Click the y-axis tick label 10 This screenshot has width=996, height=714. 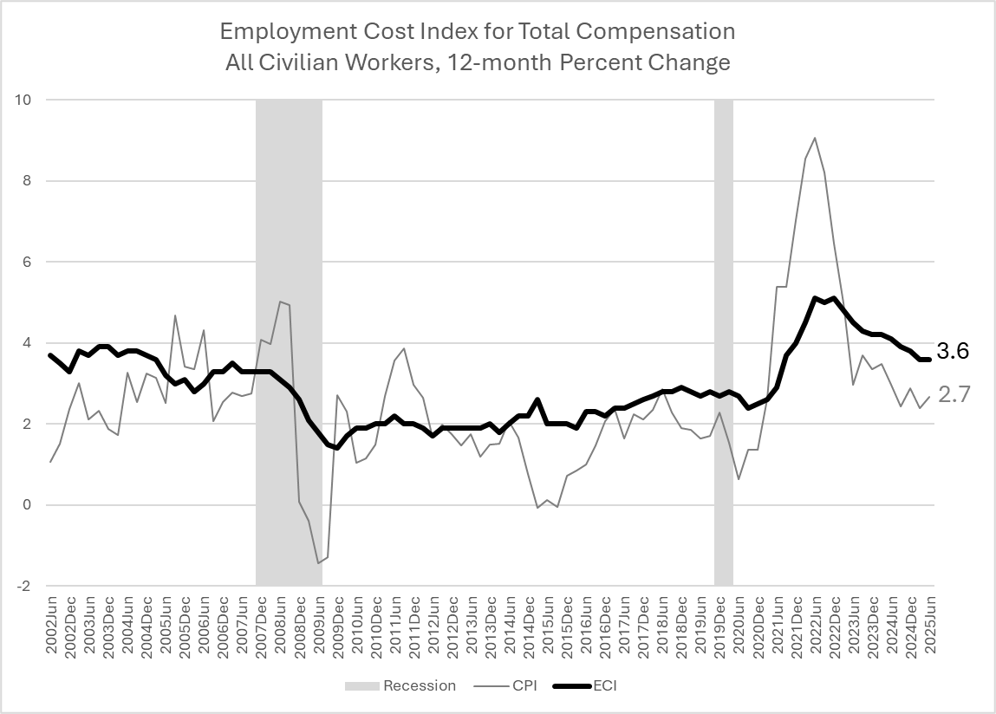point(23,100)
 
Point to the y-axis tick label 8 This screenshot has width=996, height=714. point(28,181)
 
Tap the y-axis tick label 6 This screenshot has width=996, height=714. point(28,262)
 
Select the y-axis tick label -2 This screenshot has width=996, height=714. point(25,587)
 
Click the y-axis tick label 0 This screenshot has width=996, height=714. point(28,505)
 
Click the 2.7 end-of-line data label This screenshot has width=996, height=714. point(954,395)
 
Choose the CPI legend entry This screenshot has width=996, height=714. point(524,685)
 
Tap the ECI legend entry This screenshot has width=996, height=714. point(605,685)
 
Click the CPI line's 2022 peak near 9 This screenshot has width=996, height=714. point(815,138)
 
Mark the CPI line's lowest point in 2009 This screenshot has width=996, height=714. point(318,562)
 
